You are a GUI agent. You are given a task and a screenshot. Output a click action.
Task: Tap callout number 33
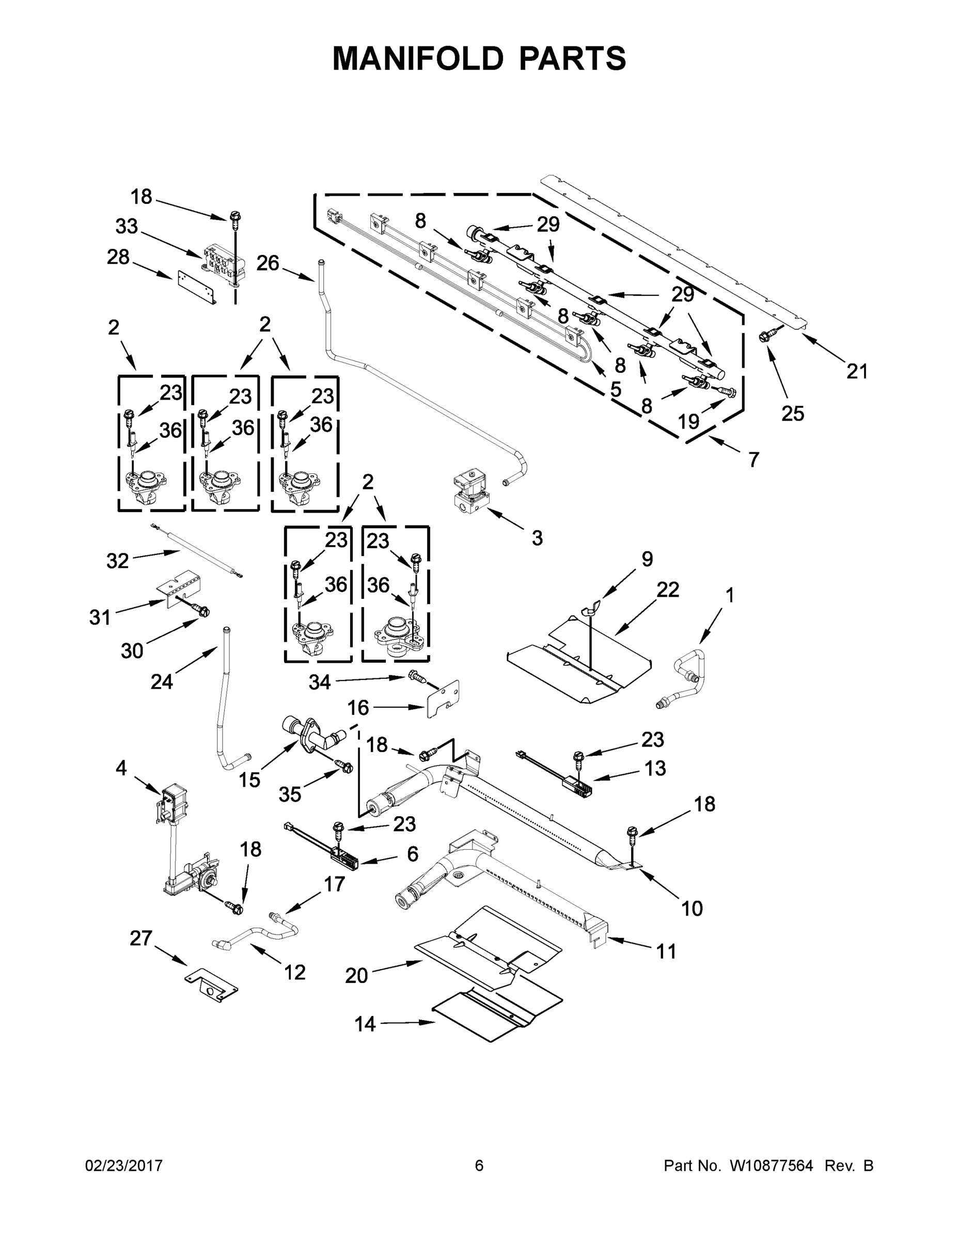[127, 226]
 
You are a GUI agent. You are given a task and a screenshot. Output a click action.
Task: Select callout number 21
[857, 372]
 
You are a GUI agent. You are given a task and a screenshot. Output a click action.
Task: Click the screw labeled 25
[764, 337]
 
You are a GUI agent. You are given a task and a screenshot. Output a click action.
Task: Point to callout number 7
[753, 459]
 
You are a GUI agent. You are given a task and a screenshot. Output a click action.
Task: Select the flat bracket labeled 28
[197, 287]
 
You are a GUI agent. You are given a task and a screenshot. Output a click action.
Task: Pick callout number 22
[667, 590]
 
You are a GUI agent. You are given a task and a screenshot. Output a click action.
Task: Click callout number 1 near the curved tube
[730, 595]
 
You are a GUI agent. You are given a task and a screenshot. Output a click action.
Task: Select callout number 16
[358, 707]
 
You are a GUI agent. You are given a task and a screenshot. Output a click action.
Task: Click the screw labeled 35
[344, 767]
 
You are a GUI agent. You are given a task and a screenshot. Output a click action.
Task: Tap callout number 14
[365, 1024]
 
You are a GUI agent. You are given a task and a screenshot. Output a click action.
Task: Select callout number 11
[666, 951]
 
